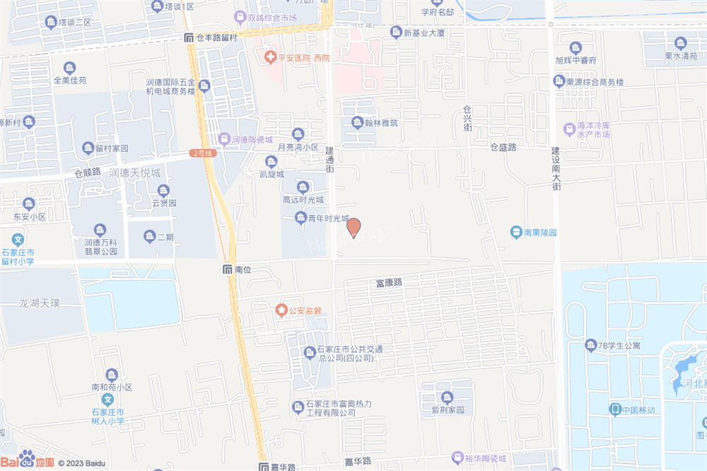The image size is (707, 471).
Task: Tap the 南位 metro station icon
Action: click(227, 269)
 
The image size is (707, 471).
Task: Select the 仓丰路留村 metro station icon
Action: click(188, 37)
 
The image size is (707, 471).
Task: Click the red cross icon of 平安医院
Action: click(269, 57)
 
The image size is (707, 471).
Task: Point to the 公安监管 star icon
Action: click(281, 310)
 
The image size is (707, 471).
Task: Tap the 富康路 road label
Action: click(389, 282)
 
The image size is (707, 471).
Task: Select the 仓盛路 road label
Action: click(503, 147)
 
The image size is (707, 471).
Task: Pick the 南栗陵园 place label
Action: click(541, 232)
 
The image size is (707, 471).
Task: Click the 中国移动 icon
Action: click(615, 409)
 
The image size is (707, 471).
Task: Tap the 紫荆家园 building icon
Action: click(446, 397)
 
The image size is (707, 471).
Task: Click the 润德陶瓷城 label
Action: click(252, 139)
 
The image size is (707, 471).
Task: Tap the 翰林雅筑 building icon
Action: click(358, 122)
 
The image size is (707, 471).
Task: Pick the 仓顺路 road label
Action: click(88, 172)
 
